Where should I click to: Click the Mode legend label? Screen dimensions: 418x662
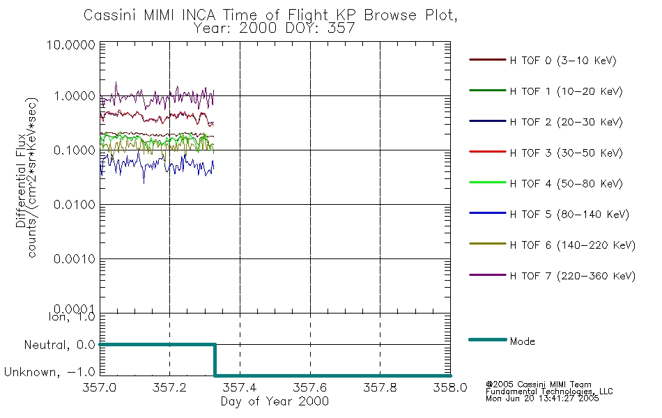[x=522, y=341]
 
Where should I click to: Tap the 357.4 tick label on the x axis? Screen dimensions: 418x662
[x=240, y=388]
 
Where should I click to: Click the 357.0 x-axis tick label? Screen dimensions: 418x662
[x=100, y=388]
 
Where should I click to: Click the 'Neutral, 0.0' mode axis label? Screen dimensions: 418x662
[x=59, y=345]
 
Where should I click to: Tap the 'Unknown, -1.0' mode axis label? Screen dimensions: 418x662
[x=50, y=373]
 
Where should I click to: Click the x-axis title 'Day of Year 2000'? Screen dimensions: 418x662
[x=275, y=401]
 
